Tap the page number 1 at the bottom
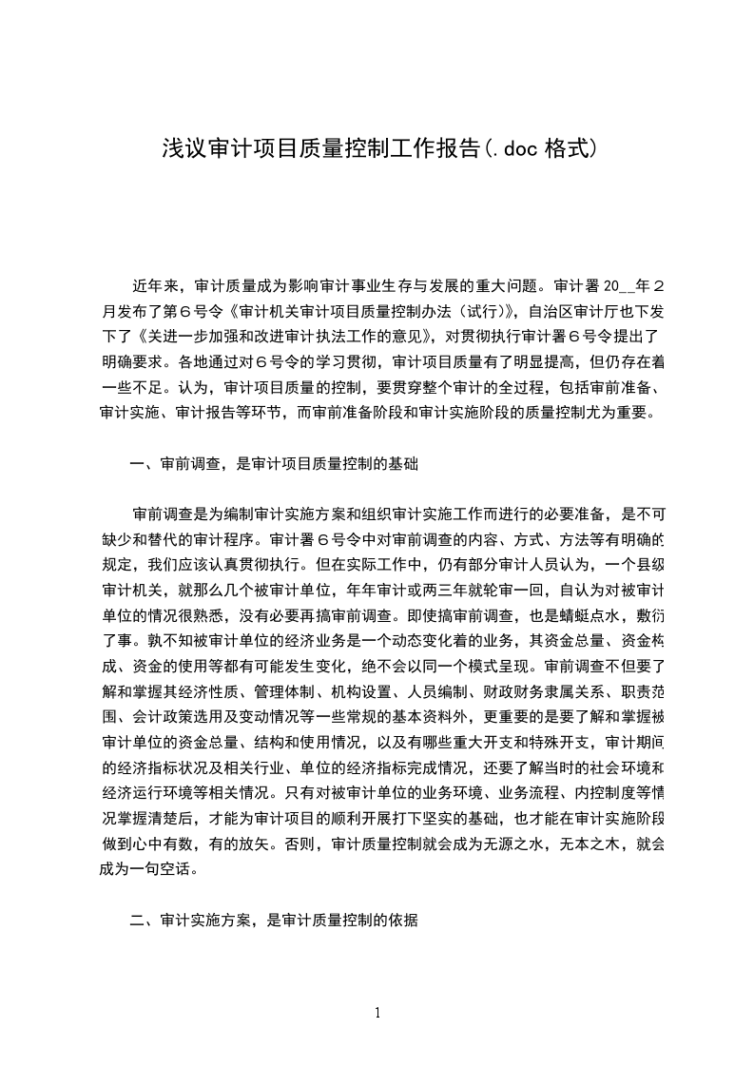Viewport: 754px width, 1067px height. click(377, 1013)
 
